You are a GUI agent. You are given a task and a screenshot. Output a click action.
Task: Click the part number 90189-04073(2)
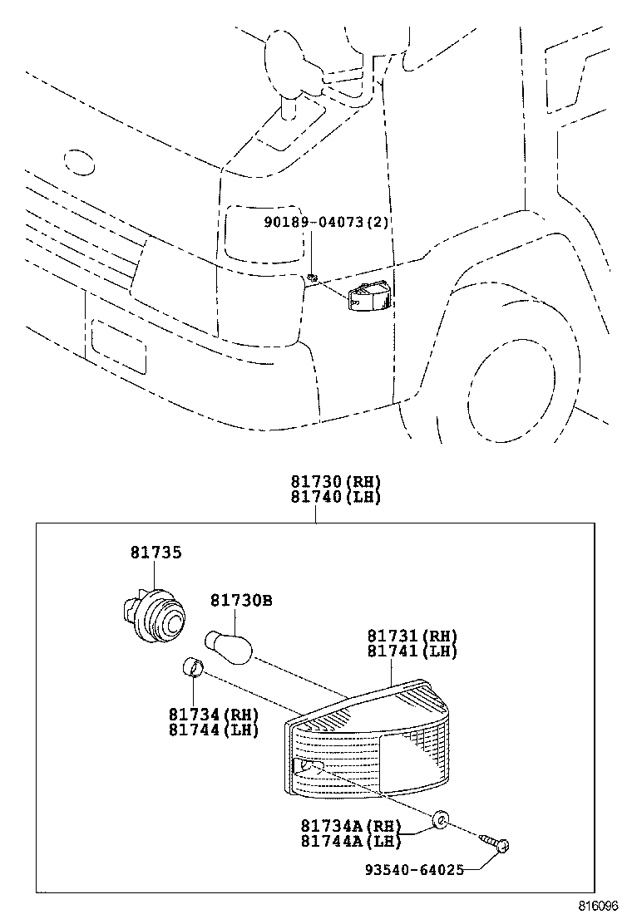[328, 223]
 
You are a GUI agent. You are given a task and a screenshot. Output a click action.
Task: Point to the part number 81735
[156, 552]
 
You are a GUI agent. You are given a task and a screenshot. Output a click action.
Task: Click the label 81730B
[240, 599]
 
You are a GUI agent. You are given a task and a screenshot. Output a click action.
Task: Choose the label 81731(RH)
[412, 636]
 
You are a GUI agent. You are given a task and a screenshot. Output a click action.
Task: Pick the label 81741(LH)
[412, 651]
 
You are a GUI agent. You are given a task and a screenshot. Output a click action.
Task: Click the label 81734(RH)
[213, 715]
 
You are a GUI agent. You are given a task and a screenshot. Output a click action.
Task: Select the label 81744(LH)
[213, 730]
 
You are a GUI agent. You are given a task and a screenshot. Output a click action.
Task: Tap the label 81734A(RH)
[350, 827]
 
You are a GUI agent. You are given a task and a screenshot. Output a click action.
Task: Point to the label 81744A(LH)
[350, 841]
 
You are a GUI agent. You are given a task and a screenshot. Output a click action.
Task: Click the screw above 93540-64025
[500, 845]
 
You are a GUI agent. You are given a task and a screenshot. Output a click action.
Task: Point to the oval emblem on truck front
[80, 163]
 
